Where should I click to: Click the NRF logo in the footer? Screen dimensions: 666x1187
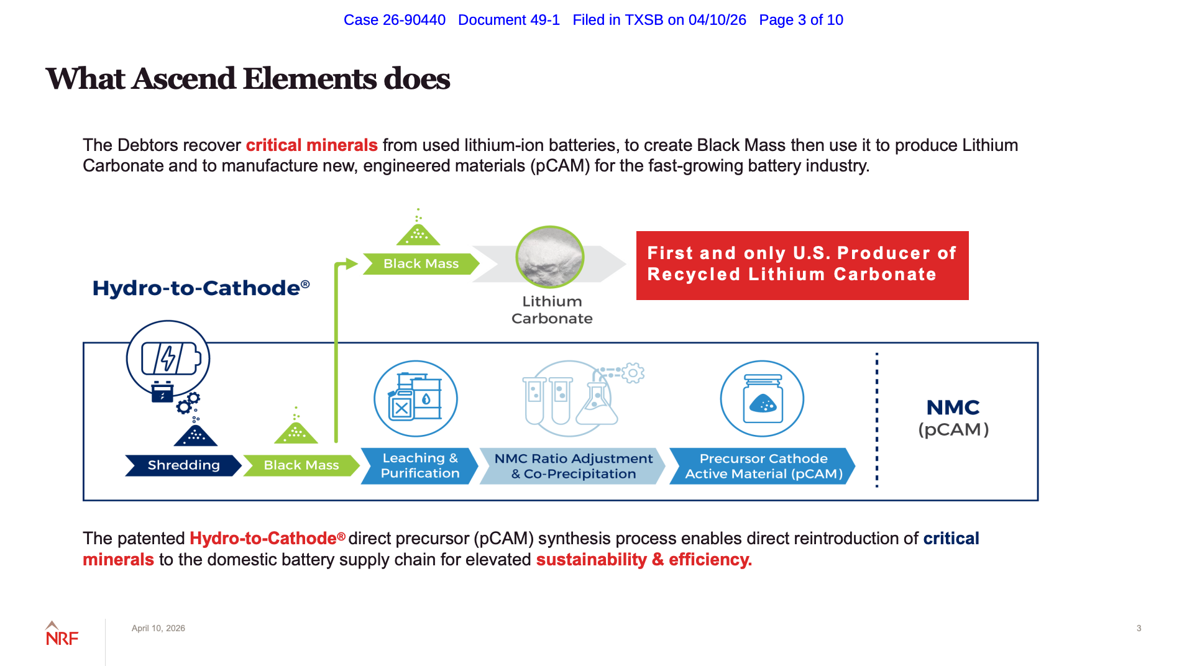click(62, 634)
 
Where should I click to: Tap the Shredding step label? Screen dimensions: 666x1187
click(183, 465)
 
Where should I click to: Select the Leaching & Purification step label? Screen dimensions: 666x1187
click(419, 466)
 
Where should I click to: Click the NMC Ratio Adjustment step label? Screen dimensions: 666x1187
click(573, 466)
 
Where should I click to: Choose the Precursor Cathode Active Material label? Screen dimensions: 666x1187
click(763, 466)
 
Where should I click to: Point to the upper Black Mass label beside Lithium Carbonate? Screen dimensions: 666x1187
click(421, 263)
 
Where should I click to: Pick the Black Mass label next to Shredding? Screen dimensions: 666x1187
click(301, 465)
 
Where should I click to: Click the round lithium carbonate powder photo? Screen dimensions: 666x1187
click(549, 257)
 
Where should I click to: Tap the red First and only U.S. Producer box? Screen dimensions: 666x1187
click(802, 265)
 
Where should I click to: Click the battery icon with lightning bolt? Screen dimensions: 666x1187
click(169, 358)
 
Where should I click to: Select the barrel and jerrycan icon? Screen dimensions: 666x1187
click(415, 398)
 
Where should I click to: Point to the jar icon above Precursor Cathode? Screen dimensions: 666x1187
click(762, 398)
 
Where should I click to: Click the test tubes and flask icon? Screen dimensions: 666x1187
click(572, 398)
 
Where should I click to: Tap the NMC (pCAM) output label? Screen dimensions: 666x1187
click(953, 418)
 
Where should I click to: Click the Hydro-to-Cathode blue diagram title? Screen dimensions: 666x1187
click(201, 288)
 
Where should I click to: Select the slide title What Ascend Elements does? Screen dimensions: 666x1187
click(247, 79)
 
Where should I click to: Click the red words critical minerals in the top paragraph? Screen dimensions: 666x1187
click(311, 145)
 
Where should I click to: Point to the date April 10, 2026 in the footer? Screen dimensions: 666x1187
click(158, 628)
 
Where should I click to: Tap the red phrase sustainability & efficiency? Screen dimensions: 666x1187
click(644, 560)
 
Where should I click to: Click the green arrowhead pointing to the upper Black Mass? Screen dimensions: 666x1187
click(352, 264)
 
